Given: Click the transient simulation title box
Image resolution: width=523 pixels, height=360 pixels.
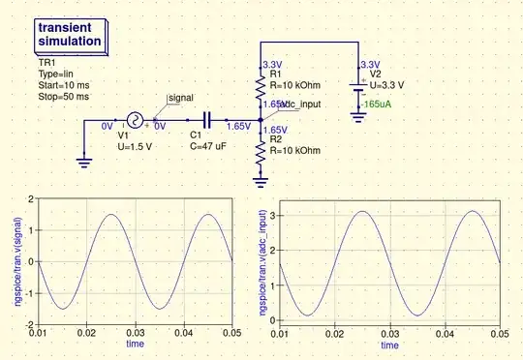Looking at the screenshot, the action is pos(70,36).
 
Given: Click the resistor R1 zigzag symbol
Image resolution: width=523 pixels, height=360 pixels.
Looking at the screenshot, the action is pos(261,90).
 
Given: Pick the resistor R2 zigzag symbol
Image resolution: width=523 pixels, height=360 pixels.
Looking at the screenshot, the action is pos(261,152).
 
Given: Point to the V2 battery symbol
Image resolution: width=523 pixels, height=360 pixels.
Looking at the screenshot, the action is pos(358,90).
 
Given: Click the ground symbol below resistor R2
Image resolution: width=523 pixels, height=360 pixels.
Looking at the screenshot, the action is pos(261,178).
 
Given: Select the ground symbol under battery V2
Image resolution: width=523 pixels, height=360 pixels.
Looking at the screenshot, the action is pos(358,116).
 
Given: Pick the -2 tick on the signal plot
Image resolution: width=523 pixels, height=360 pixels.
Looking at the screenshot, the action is pos(30,324).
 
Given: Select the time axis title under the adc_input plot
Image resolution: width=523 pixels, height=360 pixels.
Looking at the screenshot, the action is pos(388,345).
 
